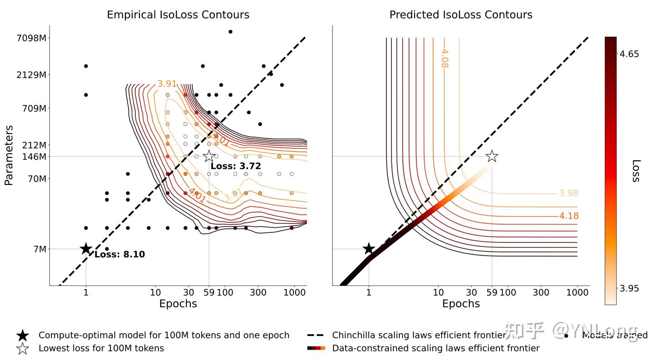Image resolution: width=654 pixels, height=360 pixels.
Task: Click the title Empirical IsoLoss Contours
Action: pos(178,15)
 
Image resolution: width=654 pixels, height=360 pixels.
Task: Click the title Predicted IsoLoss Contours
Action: pos(461,15)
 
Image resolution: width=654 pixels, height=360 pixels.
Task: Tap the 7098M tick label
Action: pos(31,38)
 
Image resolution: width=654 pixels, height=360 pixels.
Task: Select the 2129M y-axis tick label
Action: pos(31,74)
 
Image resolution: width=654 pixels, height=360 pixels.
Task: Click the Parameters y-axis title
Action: pos(9,156)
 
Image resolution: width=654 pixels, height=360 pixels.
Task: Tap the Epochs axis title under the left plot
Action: pos(178,304)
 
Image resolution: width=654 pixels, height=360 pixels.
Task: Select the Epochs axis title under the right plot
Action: pos(461,304)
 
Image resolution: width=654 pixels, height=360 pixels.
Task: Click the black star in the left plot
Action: pos(86,249)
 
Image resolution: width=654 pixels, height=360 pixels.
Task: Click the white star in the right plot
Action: pos(492,157)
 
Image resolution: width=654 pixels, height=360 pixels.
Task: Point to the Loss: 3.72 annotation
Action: pos(236,166)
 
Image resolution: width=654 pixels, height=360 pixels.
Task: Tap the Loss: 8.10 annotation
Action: pos(119,255)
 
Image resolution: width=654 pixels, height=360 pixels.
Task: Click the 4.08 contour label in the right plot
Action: pos(444,59)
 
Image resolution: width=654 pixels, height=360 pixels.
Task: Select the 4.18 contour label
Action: pos(569,216)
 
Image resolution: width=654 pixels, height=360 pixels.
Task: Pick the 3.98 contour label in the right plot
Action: pos(569,193)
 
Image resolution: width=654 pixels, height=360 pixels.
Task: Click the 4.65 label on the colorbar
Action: pos(629,54)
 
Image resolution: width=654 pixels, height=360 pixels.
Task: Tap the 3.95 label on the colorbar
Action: pos(629,288)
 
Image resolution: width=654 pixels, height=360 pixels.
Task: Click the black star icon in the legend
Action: pos(23,335)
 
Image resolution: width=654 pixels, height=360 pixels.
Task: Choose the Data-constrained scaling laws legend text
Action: pos(436,348)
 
